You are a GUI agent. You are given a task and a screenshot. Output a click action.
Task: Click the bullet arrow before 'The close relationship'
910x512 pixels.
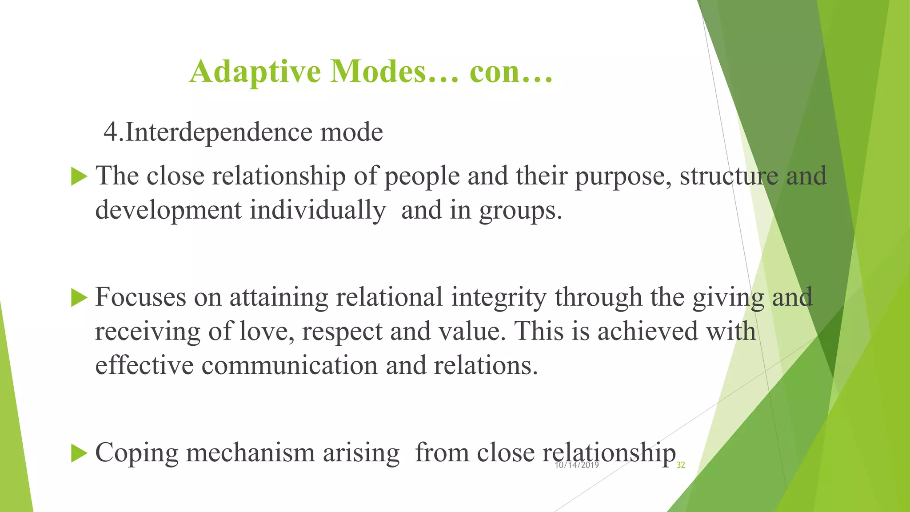pyautogui.click(x=79, y=176)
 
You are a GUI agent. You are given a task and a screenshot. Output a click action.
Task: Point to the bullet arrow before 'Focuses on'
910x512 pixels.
pyautogui.click(x=79, y=297)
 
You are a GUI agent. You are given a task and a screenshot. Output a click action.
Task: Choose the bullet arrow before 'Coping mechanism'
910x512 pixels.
pyautogui.click(x=79, y=453)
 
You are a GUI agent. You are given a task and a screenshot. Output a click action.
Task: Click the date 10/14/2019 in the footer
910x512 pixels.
pyautogui.click(x=577, y=465)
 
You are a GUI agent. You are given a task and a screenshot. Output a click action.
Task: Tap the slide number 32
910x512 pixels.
pyautogui.click(x=680, y=465)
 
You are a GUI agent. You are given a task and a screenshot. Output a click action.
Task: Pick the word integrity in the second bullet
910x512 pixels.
pyautogui.click(x=499, y=297)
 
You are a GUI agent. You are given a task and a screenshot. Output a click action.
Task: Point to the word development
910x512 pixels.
pyautogui.click(x=168, y=211)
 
